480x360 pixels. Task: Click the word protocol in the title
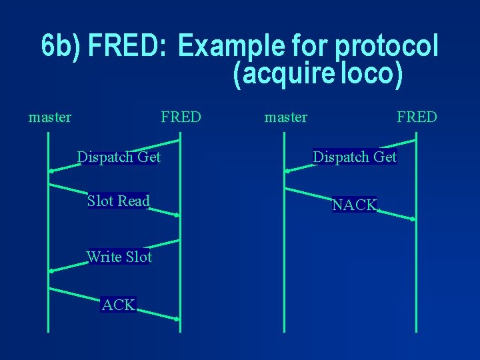coord(387,47)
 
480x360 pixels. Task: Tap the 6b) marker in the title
coord(61,45)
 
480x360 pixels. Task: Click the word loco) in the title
coord(371,75)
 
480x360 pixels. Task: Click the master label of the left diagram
coord(50,117)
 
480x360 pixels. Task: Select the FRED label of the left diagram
coord(180,117)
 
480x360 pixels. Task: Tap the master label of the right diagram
coord(286,117)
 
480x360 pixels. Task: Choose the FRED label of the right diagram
coord(417,117)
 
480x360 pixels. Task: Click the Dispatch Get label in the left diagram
coord(119,157)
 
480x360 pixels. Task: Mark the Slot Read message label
coord(118,201)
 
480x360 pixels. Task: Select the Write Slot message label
coord(119,257)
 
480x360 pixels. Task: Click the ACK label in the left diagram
coord(119,305)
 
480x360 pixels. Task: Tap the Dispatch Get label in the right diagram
coord(355,157)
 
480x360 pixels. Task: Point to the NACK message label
coord(355,205)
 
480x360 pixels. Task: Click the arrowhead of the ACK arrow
coord(177,320)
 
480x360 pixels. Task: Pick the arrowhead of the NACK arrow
coord(413,219)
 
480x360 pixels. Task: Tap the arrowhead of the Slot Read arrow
coord(177,215)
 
